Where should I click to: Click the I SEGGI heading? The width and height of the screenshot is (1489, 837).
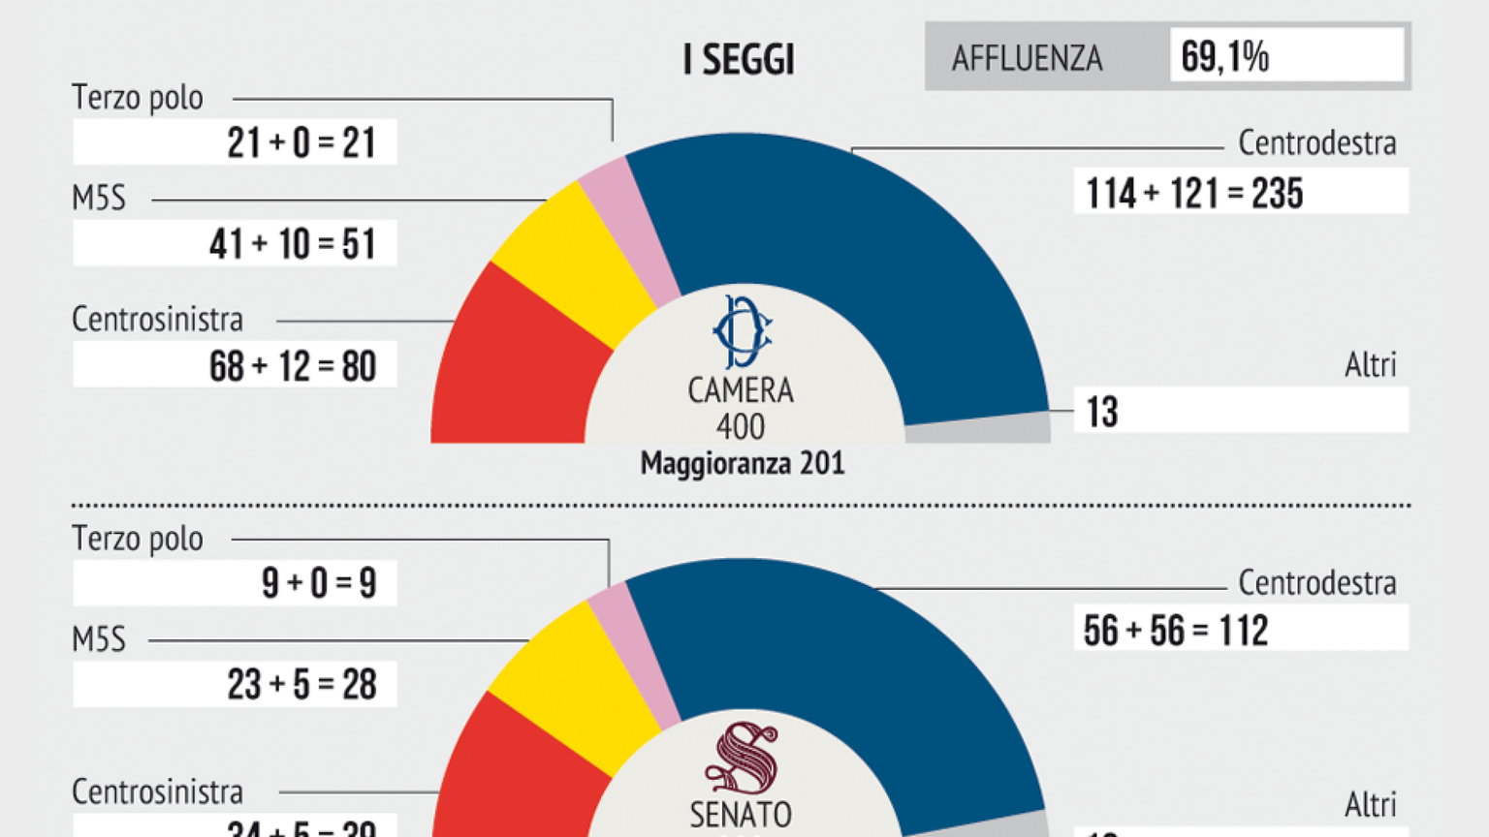tap(739, 60)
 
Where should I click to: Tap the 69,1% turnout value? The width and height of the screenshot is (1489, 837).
tap(1224, 57)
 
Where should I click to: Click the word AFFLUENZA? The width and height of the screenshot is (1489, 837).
tap(1027, 59)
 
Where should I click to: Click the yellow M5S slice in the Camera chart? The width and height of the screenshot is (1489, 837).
tap(572, 262)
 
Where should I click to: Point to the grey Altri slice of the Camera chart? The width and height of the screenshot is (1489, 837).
tap(979, 430)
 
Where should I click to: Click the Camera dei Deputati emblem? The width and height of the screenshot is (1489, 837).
tap(742, 332)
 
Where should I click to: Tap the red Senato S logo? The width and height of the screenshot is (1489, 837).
tap(742, 759)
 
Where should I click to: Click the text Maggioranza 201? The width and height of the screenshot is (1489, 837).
tap(743, 464)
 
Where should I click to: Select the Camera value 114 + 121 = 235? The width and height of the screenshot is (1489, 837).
tap(1194, 193)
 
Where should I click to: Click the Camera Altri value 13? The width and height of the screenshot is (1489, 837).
tap(1102, 413)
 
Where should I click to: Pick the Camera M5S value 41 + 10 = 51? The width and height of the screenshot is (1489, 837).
tap(292, 244)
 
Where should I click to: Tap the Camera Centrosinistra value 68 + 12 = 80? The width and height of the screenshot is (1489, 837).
tap(292, 366)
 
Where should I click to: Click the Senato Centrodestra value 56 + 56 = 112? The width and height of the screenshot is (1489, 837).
tap(1175, 631)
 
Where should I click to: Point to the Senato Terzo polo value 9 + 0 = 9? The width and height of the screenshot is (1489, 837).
tap(318, 583)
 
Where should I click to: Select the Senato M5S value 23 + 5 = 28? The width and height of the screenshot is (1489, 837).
tap(301, 685)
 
